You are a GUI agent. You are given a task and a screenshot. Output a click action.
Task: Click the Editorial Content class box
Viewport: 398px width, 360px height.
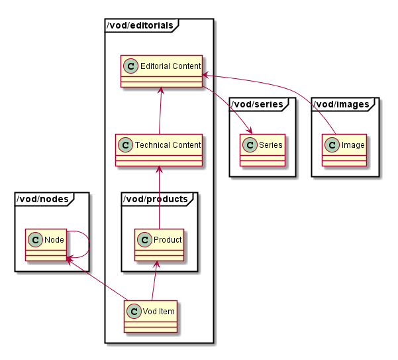162,71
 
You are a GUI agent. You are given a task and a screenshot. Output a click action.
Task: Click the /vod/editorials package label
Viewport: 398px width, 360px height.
141,26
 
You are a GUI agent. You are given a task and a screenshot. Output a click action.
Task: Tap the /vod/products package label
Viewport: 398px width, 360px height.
157,198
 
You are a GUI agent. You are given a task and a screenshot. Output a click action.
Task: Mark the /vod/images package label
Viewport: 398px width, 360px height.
340,103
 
